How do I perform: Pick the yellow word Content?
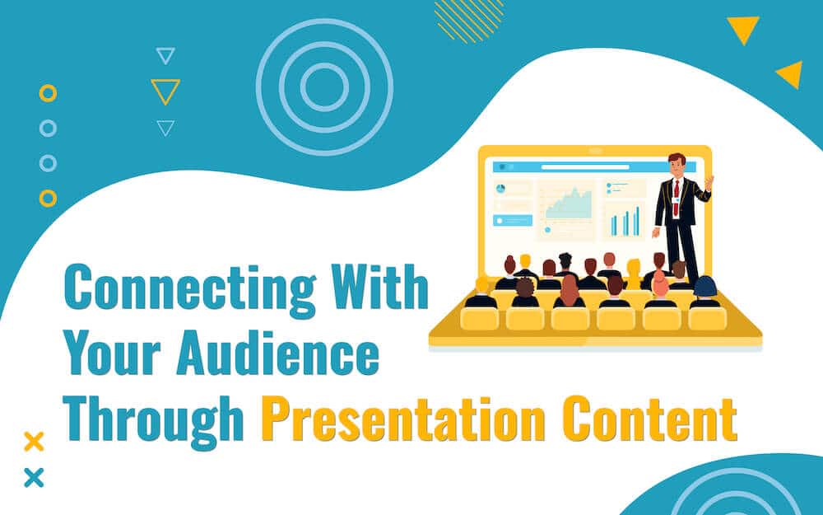650,419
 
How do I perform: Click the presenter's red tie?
676,197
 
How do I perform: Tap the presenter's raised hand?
709,182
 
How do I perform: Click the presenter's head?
677,165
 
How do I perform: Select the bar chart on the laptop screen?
625,221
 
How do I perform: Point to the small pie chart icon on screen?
500,188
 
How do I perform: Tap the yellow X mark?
34,442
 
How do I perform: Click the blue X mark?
34,478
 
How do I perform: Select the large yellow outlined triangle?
165,91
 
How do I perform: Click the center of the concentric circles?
324,87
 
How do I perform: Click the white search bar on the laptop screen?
585,167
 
